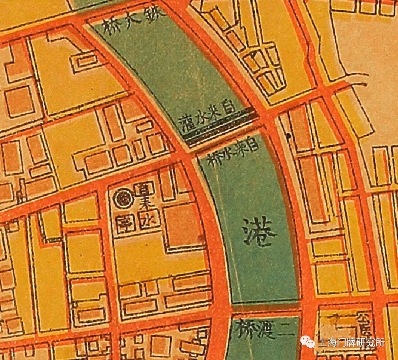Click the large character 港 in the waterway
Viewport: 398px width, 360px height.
pyautogui.click(x=259, y=233)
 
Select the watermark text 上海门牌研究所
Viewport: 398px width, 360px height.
pyautogui.click(x=351, y=342)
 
